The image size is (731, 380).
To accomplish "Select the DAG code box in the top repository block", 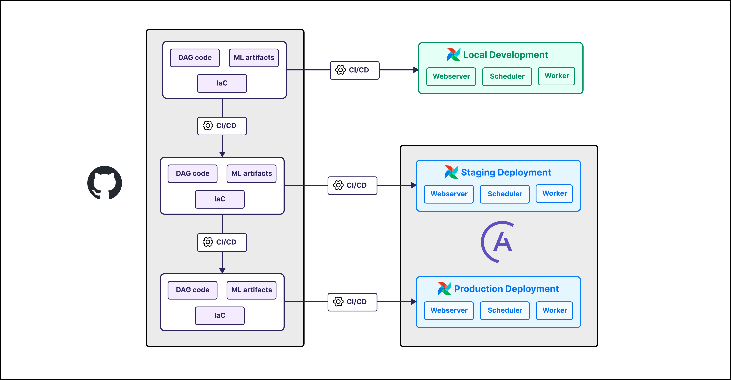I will tap(195, 58).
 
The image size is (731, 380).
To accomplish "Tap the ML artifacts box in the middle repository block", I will tap(251, 174).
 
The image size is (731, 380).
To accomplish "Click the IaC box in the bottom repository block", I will tap(220, 315).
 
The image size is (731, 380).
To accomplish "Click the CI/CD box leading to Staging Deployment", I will tap(352, 186).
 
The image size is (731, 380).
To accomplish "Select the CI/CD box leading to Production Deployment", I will tap(352, 302).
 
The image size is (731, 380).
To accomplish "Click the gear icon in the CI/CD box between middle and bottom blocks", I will tap(208, 242).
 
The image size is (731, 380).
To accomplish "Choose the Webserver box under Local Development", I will tap(451, 76).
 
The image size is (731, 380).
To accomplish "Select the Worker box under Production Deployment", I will tap(554, 310).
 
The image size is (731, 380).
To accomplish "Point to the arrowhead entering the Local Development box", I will tap(415, 70).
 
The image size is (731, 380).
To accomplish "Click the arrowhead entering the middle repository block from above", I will tap(222, 154).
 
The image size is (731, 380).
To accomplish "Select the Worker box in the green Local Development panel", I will tap(557, 76).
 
